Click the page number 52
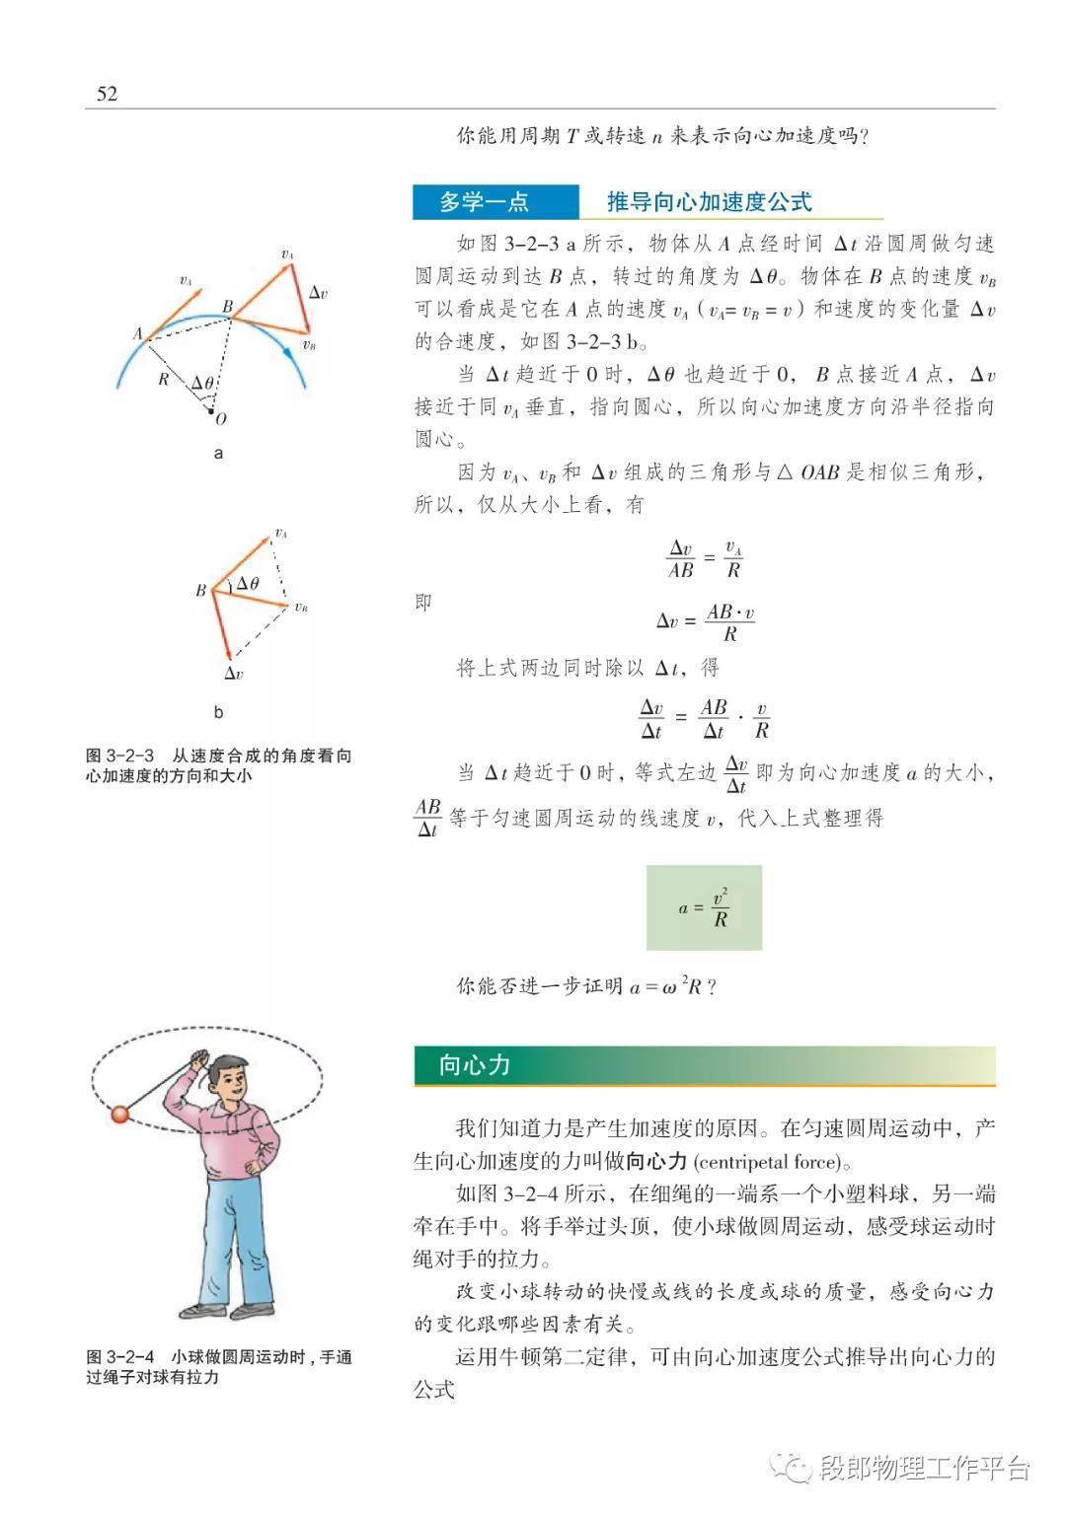pos(107,94)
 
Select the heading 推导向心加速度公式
pos(709,202)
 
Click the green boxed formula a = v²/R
pos(704,907)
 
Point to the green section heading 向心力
pos(475,1065)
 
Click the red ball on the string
pos(120,1115)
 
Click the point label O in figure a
pos(221,418)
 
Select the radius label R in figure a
pos(164,380)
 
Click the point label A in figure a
pos(137,333)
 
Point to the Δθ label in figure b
pos(248,584)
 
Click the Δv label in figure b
pos(234,674)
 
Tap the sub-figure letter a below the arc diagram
pos(218,454)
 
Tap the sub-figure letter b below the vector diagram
pos(218,712)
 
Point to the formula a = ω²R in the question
pos(666,986)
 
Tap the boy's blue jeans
pos(230,1243)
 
